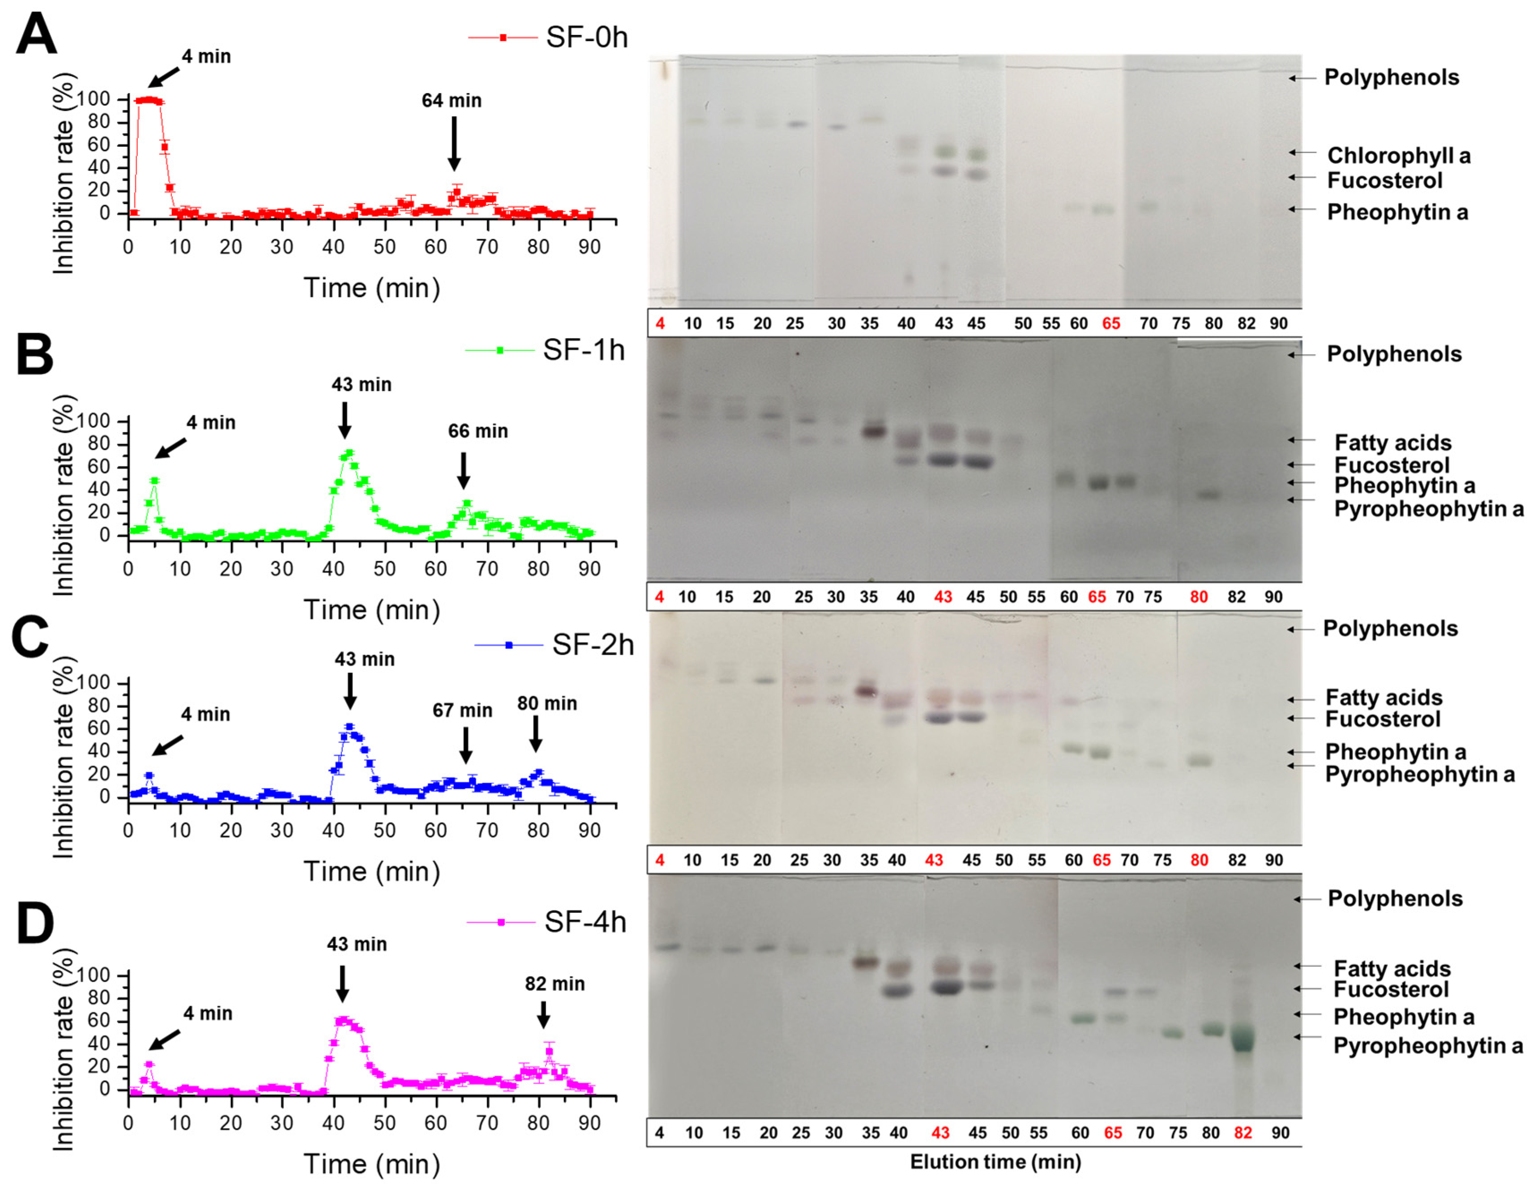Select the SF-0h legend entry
[x=547, y=37]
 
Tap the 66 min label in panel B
[x=478, y=431]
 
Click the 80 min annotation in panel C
[x=547, y=703]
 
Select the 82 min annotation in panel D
[x=555, y=984]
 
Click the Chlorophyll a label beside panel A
[x=1398, y=156]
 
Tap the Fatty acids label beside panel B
[x=1392, y=443]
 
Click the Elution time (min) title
[x=995, y=1162]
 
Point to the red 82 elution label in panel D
[x=1243, y=1133]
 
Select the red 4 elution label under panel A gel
[x=660, y=324]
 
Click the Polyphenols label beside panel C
[x=1390, y=628]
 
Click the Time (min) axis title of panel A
[x=372, y=288]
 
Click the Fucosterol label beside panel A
[x=1384, y=180]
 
